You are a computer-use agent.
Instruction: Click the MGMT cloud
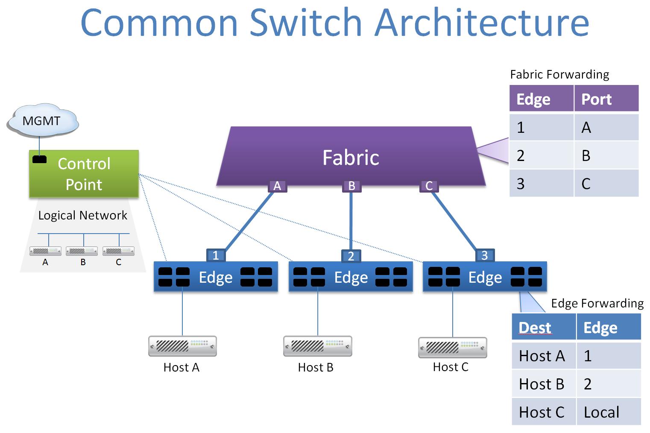[42, 121]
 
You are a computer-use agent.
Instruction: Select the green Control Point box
[84, 174]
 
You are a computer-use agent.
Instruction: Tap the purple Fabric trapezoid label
[351, 157]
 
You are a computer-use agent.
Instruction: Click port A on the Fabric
[277, 186]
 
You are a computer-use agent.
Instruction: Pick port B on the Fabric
[351, 186]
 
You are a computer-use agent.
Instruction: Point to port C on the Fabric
[429, 186]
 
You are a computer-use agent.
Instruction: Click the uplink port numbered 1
[216, 255]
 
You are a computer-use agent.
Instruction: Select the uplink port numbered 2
[351, 256]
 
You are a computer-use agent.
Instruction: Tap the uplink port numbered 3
[485, 255]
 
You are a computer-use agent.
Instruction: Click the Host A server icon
[182, 346]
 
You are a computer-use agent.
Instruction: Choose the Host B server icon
[317, 346]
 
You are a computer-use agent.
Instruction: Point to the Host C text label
[451, 367]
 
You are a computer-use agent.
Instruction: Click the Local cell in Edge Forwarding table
[601, 412]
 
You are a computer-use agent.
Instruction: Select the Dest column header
[535, 328]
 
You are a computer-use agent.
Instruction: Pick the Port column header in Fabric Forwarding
[597, 99]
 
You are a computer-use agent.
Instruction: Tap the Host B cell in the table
[542, 384]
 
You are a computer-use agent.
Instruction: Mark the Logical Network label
[83, 215]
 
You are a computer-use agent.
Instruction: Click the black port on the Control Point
[40, 159]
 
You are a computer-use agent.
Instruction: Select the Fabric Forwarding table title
[559, 75]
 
